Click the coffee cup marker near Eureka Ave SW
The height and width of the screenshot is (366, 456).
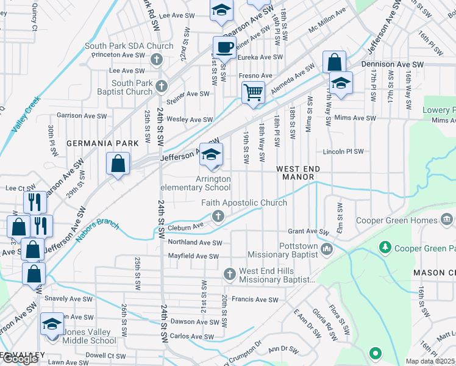tap(224, 47)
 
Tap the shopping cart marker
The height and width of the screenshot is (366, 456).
tap(253, 93)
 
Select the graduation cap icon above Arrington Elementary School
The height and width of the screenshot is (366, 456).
tap(211, 154)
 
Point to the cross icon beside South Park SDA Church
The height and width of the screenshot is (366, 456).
tap(157, 59)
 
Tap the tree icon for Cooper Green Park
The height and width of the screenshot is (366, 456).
tap(385, 247)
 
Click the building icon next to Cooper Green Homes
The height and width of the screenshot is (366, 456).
tap(446, 218)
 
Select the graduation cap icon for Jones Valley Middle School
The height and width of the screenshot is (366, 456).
tap(52, 323)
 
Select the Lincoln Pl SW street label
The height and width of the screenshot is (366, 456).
tap(343, 151)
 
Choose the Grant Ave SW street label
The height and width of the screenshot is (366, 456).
tap(308, 231)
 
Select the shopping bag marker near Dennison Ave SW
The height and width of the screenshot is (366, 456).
tap(334, 62)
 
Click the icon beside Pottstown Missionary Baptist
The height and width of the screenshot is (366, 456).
tap(327, 248)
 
